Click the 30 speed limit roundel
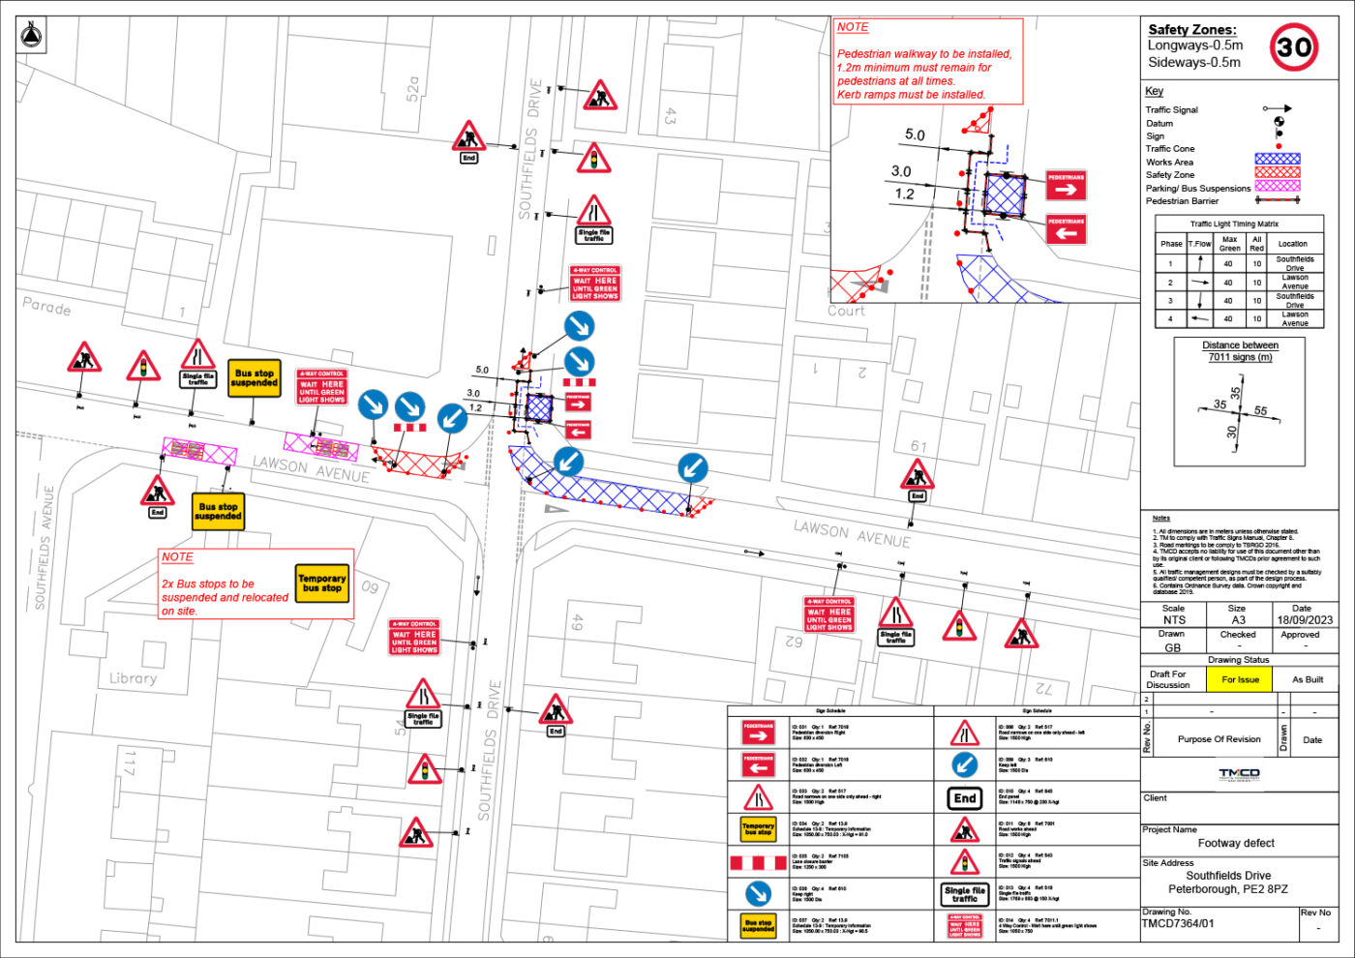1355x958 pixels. [1294, 47]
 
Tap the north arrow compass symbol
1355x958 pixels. [32, 37]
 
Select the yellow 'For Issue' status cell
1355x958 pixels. [1240, 679]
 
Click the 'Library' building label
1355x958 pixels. [133, 678]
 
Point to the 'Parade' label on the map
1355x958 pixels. [46, 307]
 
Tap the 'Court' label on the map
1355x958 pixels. [846, 311]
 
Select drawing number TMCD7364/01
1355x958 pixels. [1179, 923]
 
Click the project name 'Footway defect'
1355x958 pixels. [1236, 843]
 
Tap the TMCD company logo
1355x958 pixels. [1239, 774]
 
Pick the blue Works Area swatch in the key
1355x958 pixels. [1277, 159]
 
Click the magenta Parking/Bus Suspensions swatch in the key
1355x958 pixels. [1277, 186]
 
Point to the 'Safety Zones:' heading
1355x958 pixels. [1191, 30]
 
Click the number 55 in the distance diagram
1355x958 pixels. [1260, 411]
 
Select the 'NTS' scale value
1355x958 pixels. [1173, 620]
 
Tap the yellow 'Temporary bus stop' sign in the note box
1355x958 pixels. [322, 583]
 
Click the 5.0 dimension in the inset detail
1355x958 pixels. [915, 135]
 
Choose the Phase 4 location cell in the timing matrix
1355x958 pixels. [1294, 318]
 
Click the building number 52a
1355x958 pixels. [413, 89]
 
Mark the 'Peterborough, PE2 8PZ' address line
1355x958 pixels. [1227, 889]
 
